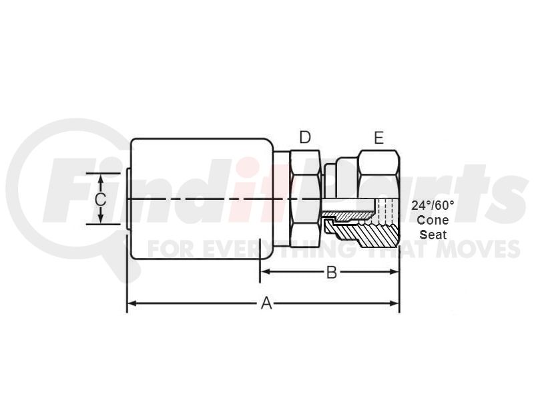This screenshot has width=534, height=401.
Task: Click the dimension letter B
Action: [331, 272]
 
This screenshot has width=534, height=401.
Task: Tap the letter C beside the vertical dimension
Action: [101, 199]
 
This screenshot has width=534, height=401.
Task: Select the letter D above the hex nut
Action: [305, 138]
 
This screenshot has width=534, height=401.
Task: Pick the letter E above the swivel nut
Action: [378, 138]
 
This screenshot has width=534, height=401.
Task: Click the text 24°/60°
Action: [433, 205]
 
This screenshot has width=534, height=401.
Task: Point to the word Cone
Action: [433, 220]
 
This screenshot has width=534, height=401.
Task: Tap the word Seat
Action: [433, 235]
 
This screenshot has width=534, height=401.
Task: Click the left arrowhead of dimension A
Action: [131, 303]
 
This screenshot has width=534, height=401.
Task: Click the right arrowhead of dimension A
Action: [394, 303]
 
